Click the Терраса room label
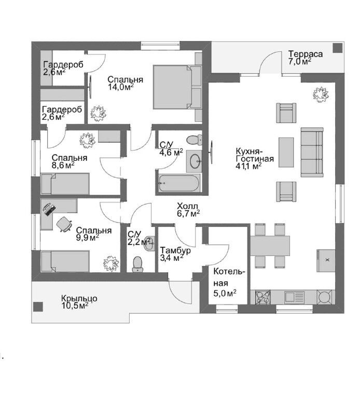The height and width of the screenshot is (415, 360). pyautogui.click(x=306, y=54)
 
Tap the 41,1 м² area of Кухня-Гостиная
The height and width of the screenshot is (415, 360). pyautogui.click(x=248, y=166)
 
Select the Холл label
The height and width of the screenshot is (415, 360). pyautogui.click(x=187, y=206)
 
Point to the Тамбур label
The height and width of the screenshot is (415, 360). pyautogui.click(x=175, y=250)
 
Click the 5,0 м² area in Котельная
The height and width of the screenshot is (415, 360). pyautogui.click(x=225, y=293)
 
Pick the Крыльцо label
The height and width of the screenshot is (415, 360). pyautogui.click(x=79, y=298)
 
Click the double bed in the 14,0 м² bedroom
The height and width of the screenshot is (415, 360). pyautogui.click(x=177, y=87)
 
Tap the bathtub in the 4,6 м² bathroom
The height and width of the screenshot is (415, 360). pyautogui.click(x=178, y=183)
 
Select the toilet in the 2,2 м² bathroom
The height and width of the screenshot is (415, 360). pyautogui.click(x=137, y=264)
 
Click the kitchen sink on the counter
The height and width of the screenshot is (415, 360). pyautogui.click(x=294, y=297)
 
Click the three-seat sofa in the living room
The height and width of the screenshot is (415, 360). pyautogui.click(x=312, y=152)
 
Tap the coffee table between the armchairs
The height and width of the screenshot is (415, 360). pyautogui.click(x=286, y=152)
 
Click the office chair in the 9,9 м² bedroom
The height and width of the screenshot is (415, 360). pyautogui.click(x=64, y=224)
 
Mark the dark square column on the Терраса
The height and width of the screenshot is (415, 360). pyautogui.click(x=338, y=48)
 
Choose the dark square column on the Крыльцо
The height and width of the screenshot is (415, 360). pyautogui.click(x=38, y=307)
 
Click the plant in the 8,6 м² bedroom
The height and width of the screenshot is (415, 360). pyautogui.click(x=87, y=140)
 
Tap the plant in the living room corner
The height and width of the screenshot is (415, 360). pyautogui.click(x=321, y=94)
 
